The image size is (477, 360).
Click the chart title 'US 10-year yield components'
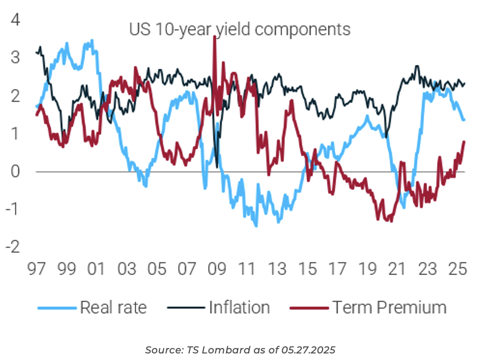click(x=240, y=29)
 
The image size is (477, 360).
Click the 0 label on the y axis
click(x=15, y=171)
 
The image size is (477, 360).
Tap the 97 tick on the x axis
click(x=35, y=269)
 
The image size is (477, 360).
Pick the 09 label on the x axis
click(x=217, y=269)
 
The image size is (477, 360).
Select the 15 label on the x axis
click(x=307, y=269)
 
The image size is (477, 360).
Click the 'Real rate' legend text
click(x=113, y=308)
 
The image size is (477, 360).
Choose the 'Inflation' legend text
click(x=239, y=308)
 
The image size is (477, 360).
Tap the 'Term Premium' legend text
click(x=390, y=308)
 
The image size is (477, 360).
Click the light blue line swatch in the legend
click(x=56, y=308)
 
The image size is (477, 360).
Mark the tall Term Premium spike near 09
click(x=214, y=38)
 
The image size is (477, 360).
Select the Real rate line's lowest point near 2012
click(x=256, y=225)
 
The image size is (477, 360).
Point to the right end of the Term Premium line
click(x=464, y=142)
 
